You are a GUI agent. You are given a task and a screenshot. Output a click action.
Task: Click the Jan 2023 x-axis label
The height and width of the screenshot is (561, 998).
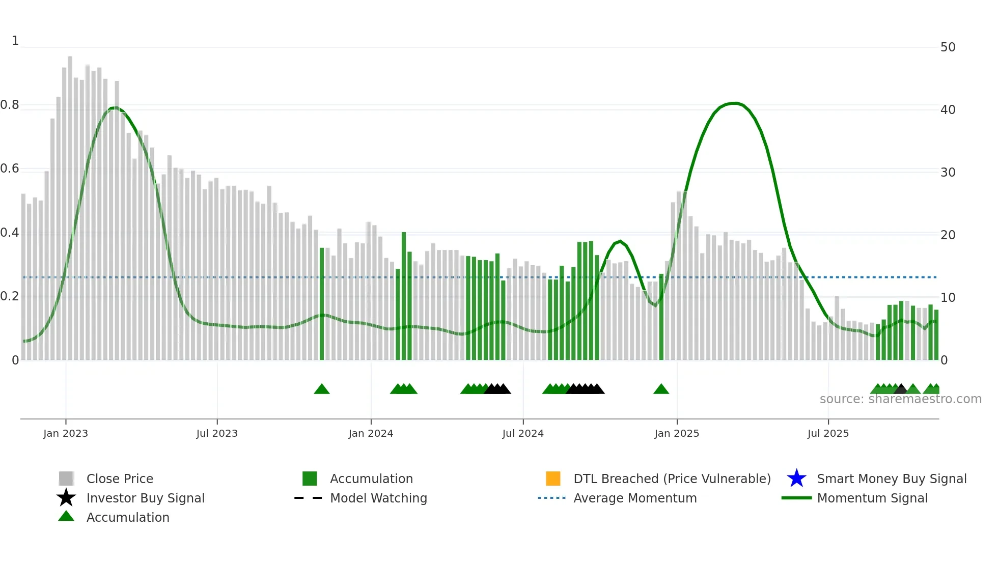(65, 433)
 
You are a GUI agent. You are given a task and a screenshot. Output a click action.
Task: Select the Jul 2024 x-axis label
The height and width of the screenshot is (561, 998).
(522, 433)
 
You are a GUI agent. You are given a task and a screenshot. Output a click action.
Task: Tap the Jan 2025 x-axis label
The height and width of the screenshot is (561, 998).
(676, 433)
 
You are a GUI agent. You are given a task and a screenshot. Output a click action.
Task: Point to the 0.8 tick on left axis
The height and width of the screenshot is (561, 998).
(10, 105)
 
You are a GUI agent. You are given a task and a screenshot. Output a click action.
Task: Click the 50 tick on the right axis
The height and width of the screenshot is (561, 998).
(948, 47)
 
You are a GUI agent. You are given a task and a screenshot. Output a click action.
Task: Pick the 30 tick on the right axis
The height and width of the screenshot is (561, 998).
(948, 173)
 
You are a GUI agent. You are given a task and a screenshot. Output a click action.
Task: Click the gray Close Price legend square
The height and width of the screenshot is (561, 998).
(66, 479)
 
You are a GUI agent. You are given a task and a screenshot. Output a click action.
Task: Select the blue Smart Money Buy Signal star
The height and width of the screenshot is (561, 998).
(796, 479)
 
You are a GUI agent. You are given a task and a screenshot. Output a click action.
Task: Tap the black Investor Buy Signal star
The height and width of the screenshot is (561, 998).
(66, 498)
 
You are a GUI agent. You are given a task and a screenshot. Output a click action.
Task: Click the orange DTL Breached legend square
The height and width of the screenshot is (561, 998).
(553, 479)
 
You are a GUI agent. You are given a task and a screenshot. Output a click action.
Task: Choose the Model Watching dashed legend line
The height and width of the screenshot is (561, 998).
(308, 498)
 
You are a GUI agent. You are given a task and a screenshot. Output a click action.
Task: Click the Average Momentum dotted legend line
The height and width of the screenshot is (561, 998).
(551, 498)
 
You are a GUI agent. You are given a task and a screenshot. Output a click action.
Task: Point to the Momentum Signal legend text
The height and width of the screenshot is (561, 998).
(872, 498)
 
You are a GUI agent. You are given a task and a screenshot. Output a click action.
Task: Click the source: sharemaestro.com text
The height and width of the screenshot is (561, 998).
(900, 399)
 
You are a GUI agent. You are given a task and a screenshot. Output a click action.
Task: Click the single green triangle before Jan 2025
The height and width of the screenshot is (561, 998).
(661, 389)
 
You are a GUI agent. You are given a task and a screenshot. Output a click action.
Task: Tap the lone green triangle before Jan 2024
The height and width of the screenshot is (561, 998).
(321, 389)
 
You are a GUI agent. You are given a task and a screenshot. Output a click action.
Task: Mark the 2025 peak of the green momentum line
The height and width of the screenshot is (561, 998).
(734, 103)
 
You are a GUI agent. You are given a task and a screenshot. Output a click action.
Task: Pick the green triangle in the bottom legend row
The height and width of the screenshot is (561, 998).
(66, 516)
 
